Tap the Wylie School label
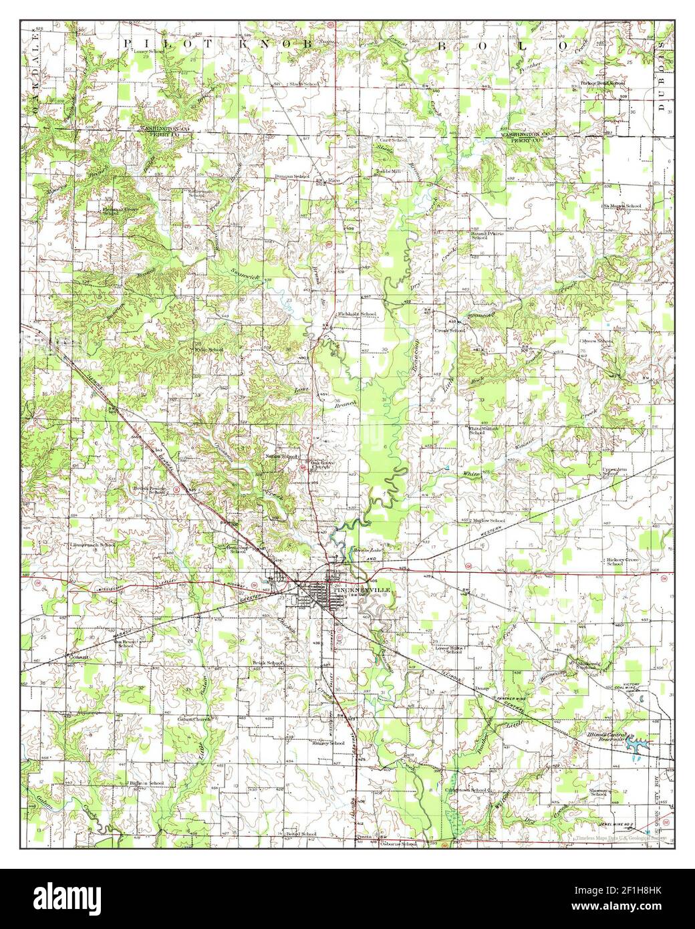(x=207, y=350)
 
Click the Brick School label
(x=269, y=662)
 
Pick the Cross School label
(x=450, y=330)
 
